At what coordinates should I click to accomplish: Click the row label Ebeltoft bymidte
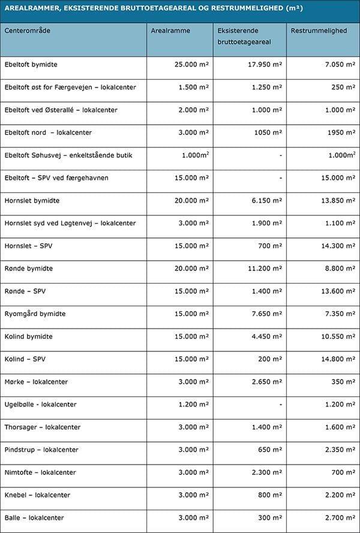click(x=31, y=64)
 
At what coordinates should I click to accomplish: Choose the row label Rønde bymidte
click(x=28, y=269)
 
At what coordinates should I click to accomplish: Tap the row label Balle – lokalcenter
click(x=34, y=517)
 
